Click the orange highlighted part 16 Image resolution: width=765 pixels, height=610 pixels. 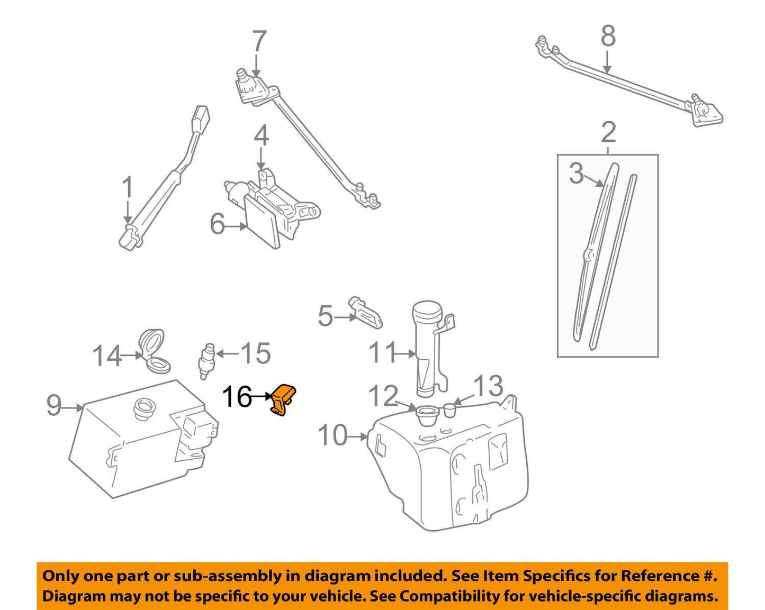click(x=283, y=400)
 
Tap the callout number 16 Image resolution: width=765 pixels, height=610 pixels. click(x=237, y=397)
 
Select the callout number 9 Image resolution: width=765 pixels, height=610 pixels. click(x=54, y=406)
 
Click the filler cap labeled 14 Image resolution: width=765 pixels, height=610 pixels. click(x=153, y=352)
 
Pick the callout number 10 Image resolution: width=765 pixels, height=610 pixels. click(x=332, y=436)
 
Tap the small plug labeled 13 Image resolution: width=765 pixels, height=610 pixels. click(x=449, y=409)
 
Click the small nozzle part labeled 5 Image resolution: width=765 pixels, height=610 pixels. click(x=366, y=313)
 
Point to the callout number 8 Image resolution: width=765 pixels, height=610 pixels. click(x=608, y=37)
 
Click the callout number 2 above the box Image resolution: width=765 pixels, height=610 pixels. click(x=608, y=132)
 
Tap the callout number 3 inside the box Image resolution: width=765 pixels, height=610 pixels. click(x=577, y=174)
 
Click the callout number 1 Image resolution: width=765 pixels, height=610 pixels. click(x=127, y=188)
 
